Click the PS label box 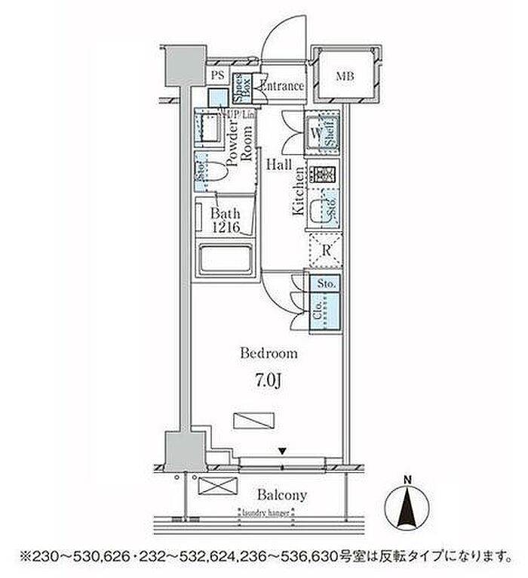(x=217, y=75)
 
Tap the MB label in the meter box (x=345, y=76)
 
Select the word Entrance (x=281, y=86)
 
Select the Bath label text (x=225, y=214)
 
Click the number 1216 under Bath (x=226, y=229)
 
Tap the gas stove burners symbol (x=325, y=174)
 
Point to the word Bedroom (x=269, y=353)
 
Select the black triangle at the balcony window (x=282, y=452)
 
